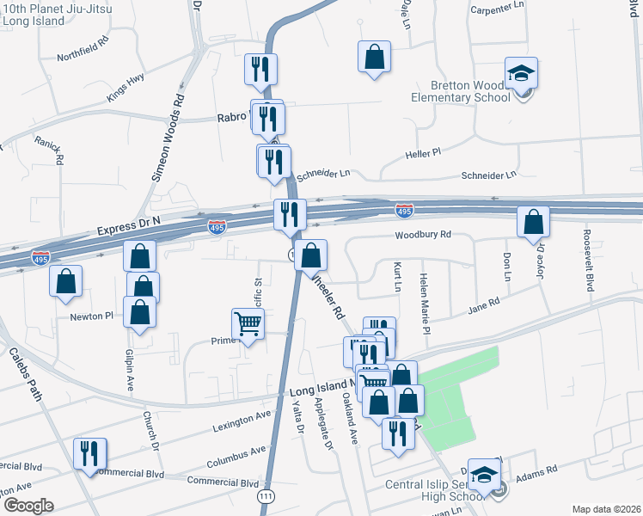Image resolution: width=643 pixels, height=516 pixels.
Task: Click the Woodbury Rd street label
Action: point(423,235)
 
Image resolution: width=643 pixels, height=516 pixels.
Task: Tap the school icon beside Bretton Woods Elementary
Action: point(520,74)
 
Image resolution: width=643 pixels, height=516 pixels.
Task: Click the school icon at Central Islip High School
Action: point(485,476)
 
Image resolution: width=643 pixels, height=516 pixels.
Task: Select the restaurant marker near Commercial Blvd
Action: point(90,452)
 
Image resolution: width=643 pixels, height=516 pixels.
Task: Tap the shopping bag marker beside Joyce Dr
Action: point(534,222)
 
